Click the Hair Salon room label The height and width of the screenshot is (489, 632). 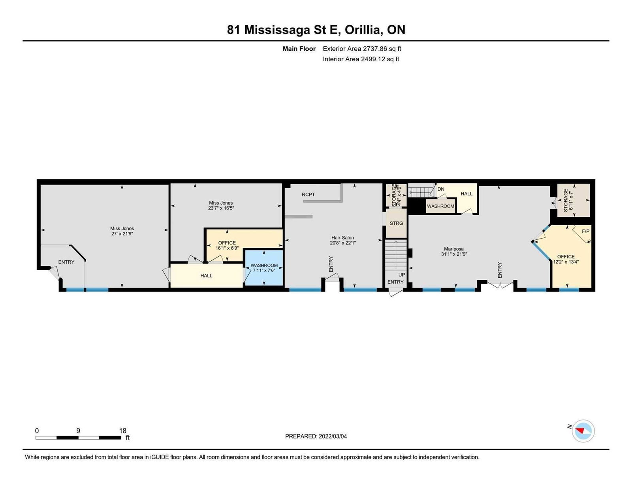[x=342, y=237]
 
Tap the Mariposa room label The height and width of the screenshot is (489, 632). [x=454, y=249]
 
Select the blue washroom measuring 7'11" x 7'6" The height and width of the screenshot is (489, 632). [x=264, y=268]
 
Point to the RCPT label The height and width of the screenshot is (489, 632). [x=308, y=194]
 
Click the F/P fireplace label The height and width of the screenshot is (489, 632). [x=585, y=231]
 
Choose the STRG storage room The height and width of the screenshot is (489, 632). [x=396, y=223]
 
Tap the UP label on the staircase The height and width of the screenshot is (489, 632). [x=402, y=275]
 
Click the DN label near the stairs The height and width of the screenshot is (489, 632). [x=441, y=189]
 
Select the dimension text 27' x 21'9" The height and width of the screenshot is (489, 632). [x=122, y=233]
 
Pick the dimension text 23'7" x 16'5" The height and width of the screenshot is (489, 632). [x=221, y=208]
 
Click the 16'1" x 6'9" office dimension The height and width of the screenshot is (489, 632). [x=227, y=248]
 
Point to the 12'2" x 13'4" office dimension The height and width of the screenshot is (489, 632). [x=566, y=262]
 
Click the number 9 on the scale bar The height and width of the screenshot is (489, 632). [x=78, y=430]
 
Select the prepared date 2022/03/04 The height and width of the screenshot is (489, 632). [x=333, y=436]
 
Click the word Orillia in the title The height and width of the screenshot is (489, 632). [x=363, y=30]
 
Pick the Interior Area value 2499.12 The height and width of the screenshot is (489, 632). [x=373, y=59]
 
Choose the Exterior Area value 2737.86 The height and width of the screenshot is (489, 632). [x=375, y=49]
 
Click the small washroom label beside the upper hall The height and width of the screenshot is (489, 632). [x=440, y=206]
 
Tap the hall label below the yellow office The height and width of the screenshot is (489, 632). [x=206, y=275]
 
